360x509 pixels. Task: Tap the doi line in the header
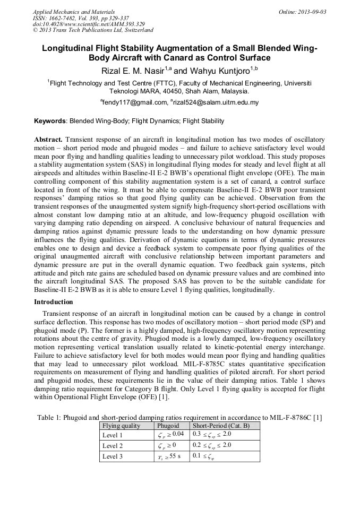point(89,24)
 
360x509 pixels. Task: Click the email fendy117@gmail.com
point(133,102)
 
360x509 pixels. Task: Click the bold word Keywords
point(50,121)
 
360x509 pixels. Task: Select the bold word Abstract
point(48,139)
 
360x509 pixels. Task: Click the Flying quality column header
point(121,426)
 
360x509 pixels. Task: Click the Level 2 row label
point(113,446)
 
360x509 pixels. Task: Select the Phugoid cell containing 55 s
point(169,456)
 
